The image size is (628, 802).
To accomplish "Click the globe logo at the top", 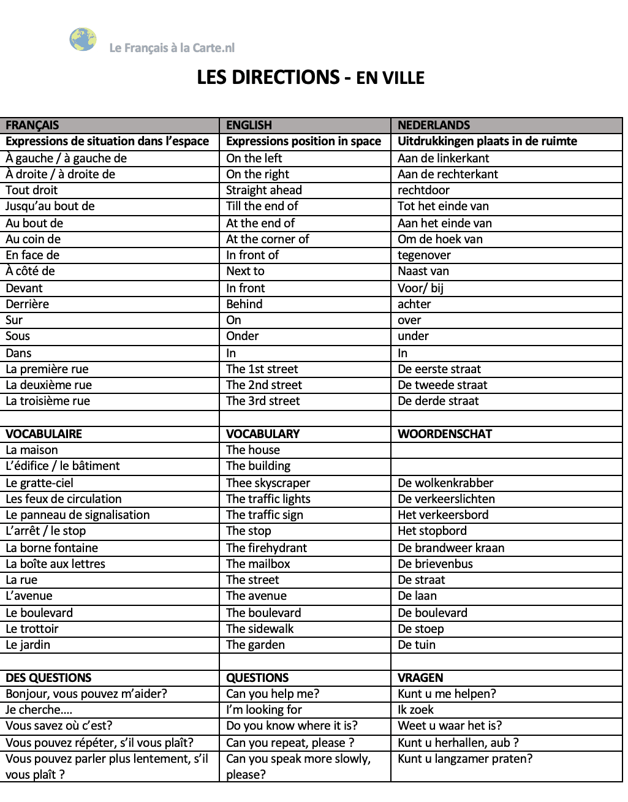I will pos(83,40).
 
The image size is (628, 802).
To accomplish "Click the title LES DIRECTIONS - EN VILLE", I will pos(311,78).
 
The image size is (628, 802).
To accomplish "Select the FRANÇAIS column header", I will pos(32,126).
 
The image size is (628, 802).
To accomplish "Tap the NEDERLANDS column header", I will pos(433,126).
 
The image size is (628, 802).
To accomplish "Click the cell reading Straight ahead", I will pos(263,191).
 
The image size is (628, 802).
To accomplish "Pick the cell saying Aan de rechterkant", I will pos(447,175).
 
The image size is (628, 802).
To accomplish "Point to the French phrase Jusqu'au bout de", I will pos(50,206).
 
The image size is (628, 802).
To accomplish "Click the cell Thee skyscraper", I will pos(268,483).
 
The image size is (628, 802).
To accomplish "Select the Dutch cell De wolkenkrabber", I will pos(445,483).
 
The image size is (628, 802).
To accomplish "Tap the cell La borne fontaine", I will pos(51,548).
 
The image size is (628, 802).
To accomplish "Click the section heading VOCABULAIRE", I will pos(44,434).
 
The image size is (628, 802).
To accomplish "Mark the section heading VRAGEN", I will pos(420,678).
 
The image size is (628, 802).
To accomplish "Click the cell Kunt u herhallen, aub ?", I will pos(458,743).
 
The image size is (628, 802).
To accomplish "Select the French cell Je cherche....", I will pos(39,710).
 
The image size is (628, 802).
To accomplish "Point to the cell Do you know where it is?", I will pos(292,726).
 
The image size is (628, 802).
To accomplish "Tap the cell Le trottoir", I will pos(32,629).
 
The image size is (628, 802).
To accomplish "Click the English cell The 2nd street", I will pos(263,385).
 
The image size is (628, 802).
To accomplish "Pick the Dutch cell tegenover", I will pos(424,255).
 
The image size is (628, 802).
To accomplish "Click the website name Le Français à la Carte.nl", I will pos(172,48).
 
